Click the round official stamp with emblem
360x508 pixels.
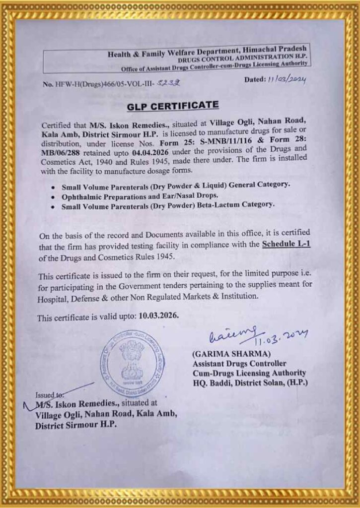tap(132, 364)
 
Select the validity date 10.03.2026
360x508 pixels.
tap(158, 316)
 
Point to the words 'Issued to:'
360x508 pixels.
tap(50, 395)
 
